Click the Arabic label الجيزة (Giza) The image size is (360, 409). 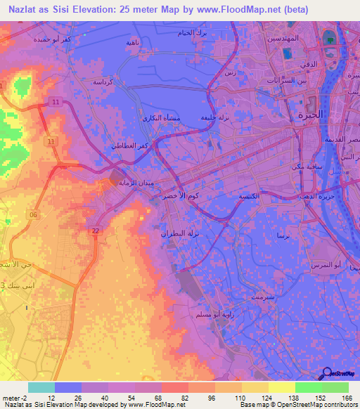pyautogui.click(x=309, y=114)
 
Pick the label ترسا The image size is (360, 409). pyautogui.click(x=283, y=235)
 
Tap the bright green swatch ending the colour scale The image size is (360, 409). pyautogui.click(x=335, y=387)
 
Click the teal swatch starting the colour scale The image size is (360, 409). pyautogui.click(x=41, y=387)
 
